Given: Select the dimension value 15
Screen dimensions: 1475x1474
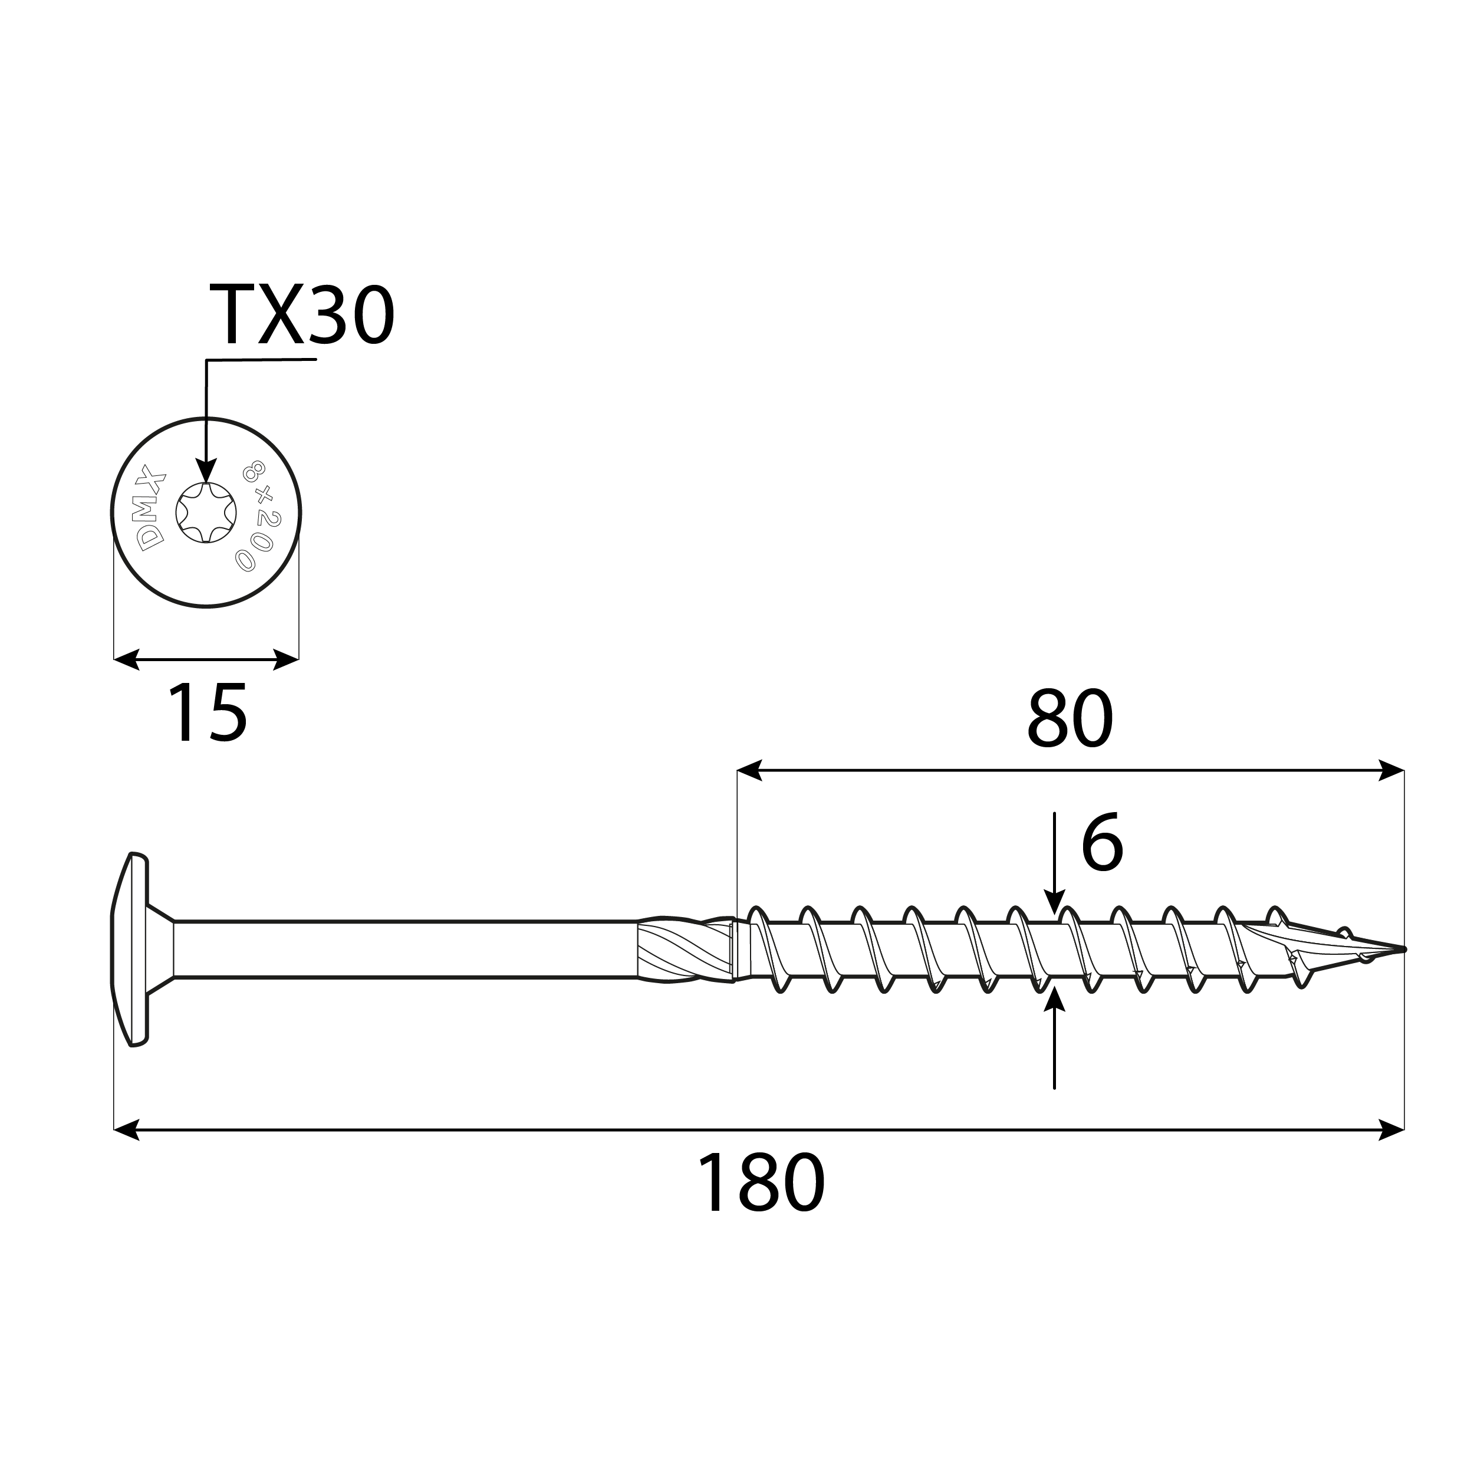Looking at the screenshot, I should (207, 713).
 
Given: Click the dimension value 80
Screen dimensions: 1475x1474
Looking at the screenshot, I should (1069, 719).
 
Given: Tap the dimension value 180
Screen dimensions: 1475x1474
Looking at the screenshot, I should (760, 1184).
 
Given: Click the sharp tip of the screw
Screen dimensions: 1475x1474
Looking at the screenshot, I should (1401, 949).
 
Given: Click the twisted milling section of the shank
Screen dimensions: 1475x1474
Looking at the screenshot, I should (683, 949).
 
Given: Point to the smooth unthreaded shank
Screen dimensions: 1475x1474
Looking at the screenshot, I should (404, 949).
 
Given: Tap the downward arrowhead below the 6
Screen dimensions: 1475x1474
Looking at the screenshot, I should (1054, 902).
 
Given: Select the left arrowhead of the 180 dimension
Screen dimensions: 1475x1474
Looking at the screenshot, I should (126, 1129).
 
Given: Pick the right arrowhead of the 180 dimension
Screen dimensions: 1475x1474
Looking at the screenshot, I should (1391, 1129).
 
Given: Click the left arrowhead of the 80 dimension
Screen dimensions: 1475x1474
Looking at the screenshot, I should (749, 770).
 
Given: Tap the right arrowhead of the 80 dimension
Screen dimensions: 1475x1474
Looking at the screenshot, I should (1391, 770).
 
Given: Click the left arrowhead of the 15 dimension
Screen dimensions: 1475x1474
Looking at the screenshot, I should (126, 659).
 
